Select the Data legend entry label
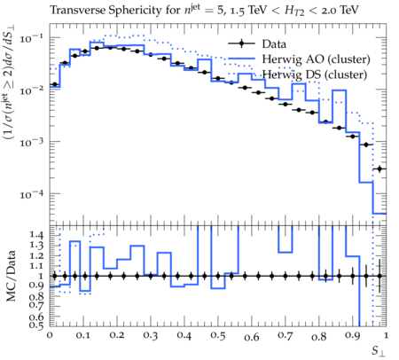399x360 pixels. tap(274, 44)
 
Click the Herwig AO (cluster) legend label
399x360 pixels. tap(316, 59)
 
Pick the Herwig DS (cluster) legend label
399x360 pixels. tap(315, 74)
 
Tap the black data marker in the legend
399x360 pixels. tap(241, 44)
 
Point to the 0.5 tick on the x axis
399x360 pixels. tap(218, 336)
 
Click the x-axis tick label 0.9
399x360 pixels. tap(353, 336)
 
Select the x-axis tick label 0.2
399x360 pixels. tap(117, 336)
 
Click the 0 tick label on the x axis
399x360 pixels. tap(50, 336)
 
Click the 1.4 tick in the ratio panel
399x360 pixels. tap(36, 235)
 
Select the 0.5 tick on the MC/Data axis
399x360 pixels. tap(36, 325)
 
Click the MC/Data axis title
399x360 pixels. tap(11, 276)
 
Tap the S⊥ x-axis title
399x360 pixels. tap(379, 351)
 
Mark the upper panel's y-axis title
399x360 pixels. tap(10, 83)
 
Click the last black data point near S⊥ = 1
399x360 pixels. tap(379, 168)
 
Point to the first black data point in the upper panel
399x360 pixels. tap(54, 84)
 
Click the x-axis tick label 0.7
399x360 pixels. tap(286, 336)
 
